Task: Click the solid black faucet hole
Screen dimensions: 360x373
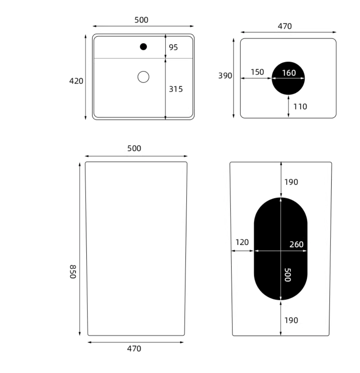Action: point(143,47)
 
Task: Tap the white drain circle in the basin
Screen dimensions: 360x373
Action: point(143,77)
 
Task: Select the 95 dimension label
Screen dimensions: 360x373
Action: point(173,47)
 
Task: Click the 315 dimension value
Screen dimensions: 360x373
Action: point(176,89)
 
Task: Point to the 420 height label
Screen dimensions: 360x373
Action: point(76,81)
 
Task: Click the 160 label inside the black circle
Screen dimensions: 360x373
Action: point(289,73)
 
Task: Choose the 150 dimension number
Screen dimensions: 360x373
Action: point(257,72)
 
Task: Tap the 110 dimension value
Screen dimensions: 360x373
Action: point(300,107)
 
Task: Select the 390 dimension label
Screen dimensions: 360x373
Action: point(225,76)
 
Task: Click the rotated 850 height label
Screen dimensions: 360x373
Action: point(73,272)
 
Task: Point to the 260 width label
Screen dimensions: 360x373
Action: point(296,244)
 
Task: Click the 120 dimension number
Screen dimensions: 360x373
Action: point(242,242)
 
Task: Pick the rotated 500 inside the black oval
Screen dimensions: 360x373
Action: point(288,275)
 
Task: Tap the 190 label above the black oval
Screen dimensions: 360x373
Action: point(291,182)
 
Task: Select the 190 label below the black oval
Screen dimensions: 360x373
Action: point(291,321)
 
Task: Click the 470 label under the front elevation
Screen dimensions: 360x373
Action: point(134,349)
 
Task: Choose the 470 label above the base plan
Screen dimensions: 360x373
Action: point(285,26)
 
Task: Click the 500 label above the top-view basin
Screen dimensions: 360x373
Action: point(141,20)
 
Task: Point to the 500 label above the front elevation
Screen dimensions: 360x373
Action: point(134,148)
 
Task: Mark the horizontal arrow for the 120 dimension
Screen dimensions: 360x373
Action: point(242,251)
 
